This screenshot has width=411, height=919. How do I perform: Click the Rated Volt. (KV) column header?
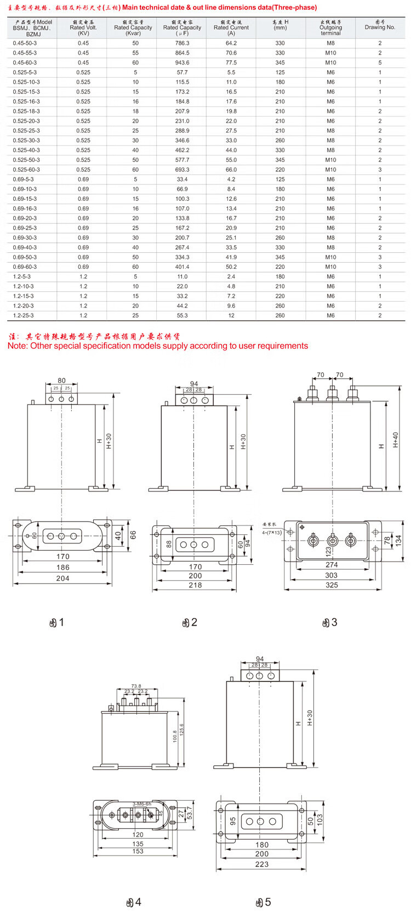(83, 27)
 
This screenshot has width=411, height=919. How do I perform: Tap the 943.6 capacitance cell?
(182, 63)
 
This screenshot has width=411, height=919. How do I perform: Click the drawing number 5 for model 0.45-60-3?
(380, 63)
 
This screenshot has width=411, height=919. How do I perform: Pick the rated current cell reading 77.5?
(231, 63)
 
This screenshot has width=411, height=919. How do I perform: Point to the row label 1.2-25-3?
(24, 316)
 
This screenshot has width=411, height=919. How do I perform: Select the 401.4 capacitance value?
(182, 267)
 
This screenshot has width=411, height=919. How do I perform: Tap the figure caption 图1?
(57, 622)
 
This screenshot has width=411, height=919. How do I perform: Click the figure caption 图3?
(329, 622)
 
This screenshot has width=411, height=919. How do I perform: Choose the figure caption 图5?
(264, 902)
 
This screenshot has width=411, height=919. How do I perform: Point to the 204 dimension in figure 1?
(62, 579)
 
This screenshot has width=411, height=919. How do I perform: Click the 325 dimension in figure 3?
(332, 585)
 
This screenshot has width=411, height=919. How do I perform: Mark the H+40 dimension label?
(396, 440)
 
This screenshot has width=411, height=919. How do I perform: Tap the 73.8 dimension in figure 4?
(136, 686)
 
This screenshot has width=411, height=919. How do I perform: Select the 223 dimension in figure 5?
(262, 864)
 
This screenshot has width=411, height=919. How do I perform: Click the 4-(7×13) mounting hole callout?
(272, 532)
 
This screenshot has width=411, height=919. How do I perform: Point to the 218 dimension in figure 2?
(195, 585)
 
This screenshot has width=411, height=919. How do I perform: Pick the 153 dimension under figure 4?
(138, 851)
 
